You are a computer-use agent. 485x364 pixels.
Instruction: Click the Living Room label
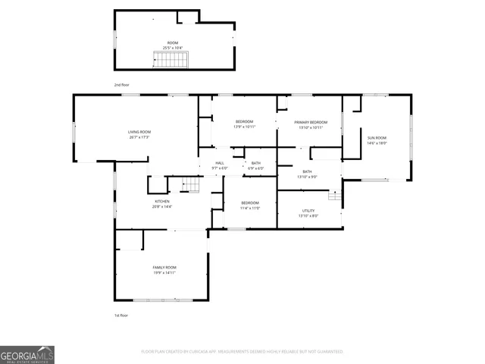pyautogui.click(x=139, y=132)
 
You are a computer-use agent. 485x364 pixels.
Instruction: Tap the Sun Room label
pyautogui.click(x=377, y=137)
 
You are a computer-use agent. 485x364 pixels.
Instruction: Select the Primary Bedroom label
pyautogui.click(x=312, y=122)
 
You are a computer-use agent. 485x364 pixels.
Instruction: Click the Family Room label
pyautogui.click(x=164, y=267)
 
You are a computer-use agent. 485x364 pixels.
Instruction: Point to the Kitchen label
pyautogui.click(x=162, y=201)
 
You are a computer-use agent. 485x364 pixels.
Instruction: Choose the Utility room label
pyautogui.click(x=308, y=211)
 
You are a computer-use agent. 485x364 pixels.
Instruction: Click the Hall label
pyautogui.click(x=220, y=163)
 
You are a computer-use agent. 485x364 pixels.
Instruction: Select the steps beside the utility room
pyautogui.click(x=334, y=195)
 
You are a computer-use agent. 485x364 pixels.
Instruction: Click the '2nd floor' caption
pyautogui.click(x=122, y=85)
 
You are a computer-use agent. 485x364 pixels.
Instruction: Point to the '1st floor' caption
pyautogui.click(x=122, y=315)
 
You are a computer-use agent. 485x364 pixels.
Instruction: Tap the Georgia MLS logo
pyautogui.click(x=27, y=354)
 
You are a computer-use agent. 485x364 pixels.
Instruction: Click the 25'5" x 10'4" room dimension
pyautogui.click(x=172, y=48)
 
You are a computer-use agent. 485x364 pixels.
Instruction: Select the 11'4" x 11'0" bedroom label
pyautogui.click(x=250, y=208)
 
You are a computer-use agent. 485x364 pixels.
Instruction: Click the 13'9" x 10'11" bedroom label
pyautogui.click(x=244, y=127)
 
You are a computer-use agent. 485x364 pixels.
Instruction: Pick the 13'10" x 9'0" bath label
pyautogui.click(x=307, y=177)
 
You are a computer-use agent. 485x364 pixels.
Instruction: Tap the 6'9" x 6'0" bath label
pyautogui.click(x=256, y=168)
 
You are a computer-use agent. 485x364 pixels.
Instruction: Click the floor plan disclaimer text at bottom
pyautogui.click(x=242, y=352)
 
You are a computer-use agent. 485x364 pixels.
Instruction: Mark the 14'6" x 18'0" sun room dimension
pyautogui.click(x=377, y=143)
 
